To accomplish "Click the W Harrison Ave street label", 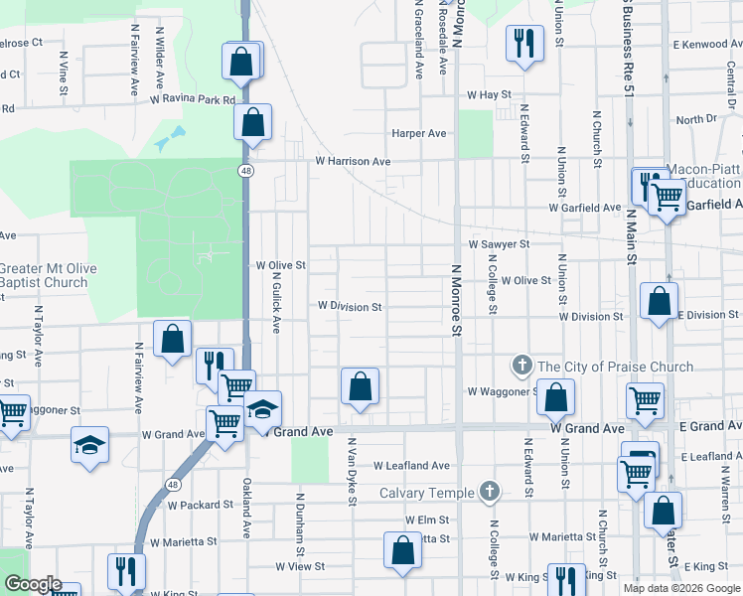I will click(x=353, y=161).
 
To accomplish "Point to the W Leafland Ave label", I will click(x=411, y=465).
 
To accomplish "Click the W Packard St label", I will click(x=200, y=505).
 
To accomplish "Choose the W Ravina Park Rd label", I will click(x=193, y=100).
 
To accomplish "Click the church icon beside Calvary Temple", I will click(x=488, y=491).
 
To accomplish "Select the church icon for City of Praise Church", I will click(x=522, y=367).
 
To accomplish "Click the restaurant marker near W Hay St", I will click(x=523, y=43).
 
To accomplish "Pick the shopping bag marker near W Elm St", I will click(x=402, y=550).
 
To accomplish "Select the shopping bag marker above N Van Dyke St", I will click(x=360, y=385).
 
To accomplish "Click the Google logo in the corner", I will click(x=32, y=584).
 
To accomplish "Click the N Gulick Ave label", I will click(x=277, y=303).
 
